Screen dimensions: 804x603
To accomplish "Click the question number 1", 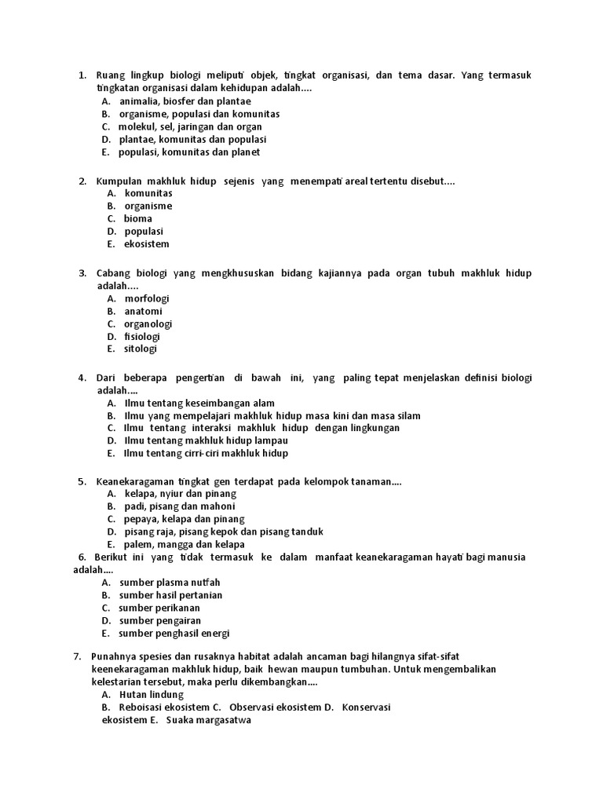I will pyautogui.click(x=82, y=75).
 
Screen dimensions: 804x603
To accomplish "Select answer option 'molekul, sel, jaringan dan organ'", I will pyautogui.click(x=190, y=126).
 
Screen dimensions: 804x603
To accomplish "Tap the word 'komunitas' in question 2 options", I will pyautogui.click(x=148, y=193).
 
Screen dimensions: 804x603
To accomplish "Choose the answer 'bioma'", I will pyautogui.click(x=138, y=218).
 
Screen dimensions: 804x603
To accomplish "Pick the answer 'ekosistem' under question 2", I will pyautogui.click(x=147, y=244).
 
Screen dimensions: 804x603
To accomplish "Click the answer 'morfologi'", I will pyautogui.click(x=147, y=298).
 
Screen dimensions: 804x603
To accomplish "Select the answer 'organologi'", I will pyautogui.click(x=148, y=323).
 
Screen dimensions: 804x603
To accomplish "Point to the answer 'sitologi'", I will pyautogui.click(x=141, y=349).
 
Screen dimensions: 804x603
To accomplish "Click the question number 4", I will pyautogui.click(x=82, y=378).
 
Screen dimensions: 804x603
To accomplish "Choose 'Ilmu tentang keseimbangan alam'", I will pyautogui.click(x=199, y=403).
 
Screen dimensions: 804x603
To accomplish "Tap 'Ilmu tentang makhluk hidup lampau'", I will pyautogui.click(x=206, y=440).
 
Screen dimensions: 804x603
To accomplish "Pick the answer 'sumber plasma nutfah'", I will pyautogui.click(x=170, y=583).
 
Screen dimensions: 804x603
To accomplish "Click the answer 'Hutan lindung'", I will pyautogui.click(x=152, y=694).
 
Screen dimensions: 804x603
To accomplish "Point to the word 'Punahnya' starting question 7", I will pyautogui.click(x=116, y=656).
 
